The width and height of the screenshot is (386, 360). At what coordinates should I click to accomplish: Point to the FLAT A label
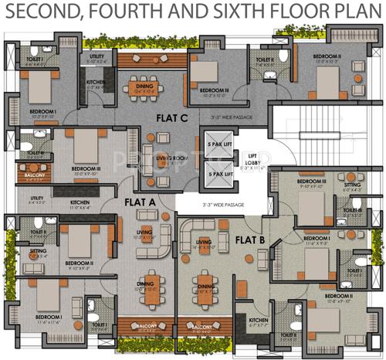(x=141, y=202)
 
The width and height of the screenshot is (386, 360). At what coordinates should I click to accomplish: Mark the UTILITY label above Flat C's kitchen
(x=96, y=56)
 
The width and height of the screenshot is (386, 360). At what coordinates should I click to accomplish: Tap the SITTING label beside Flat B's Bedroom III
(x=351, y=185)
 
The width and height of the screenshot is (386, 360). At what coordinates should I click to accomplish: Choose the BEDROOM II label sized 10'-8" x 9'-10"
(x=338, y=297)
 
